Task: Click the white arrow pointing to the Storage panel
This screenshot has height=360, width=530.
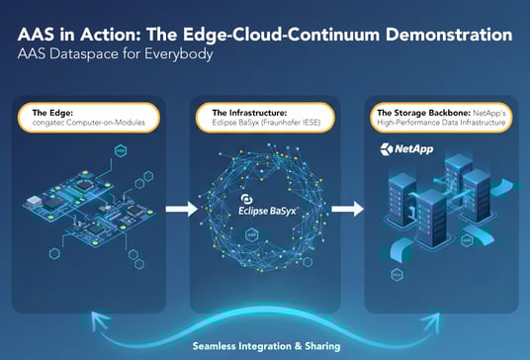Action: click(x=346, y=209)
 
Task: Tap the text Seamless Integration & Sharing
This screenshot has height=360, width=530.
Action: click(x=265, y=346)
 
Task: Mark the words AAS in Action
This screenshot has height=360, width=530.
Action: click(x=72, y=37)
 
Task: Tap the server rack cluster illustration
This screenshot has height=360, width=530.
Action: click(x=440, y=213)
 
